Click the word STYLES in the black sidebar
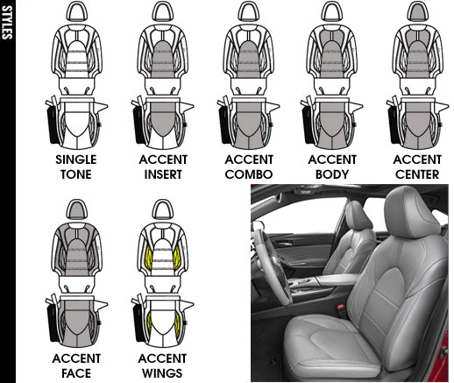[7, 22]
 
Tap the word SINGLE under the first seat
[76, 160]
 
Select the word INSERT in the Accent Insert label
[163, 174]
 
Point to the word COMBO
[249, 174]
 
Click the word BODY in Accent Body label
[332, 174]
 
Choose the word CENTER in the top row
[417, 174]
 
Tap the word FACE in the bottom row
[76, 373]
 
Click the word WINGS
[162, 373]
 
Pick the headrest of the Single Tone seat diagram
[77, 11]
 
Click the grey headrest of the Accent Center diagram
[418, 11]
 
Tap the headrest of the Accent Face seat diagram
[77, 209]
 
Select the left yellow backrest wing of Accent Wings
[149, 258]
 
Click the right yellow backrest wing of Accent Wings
[176, 258]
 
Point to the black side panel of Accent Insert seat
[138, 124]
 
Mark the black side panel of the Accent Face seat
[53, 323]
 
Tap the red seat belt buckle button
[340, 308]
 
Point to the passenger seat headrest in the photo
[357, 216]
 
